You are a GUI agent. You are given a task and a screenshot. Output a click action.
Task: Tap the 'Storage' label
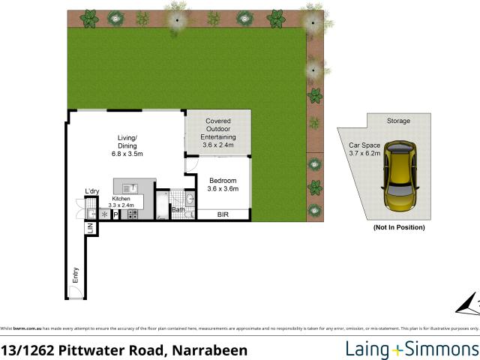coord(398,121)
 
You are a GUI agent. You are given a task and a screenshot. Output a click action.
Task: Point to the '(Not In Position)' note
coord(398,227)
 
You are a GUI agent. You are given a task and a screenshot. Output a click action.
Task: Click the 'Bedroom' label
coord(223,181)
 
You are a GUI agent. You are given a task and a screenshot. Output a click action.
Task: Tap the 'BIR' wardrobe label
coord(223,215)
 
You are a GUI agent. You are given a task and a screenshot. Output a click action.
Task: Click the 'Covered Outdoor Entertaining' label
coord(219,129)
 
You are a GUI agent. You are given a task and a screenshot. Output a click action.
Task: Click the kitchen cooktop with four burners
coord(133,214)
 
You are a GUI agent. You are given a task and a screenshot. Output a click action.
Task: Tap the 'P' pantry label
coord(116,214)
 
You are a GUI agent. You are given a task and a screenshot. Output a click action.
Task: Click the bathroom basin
coord(189,199)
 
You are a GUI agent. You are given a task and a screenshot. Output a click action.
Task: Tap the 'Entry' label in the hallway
coord(75,274)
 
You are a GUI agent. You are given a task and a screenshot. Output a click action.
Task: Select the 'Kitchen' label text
coord(121,198)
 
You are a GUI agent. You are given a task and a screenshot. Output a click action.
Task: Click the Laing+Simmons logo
coord(410,349)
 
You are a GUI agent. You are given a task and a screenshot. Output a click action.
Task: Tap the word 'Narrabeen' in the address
coord(209,349)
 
